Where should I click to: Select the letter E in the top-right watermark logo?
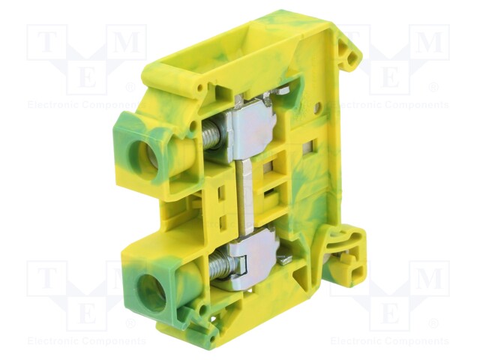[x=389, y=76]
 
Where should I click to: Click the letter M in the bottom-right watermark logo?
[x=428, y=279]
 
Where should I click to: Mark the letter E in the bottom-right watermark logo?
[x=389, y=312]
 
